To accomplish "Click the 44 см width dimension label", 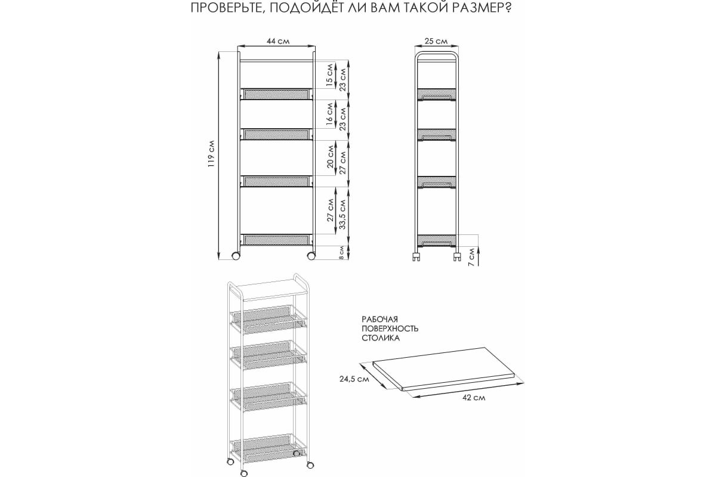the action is click(x=278, y=41).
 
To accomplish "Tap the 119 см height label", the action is click(x=211, y=154).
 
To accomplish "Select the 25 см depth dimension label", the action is click(x=436, y=41).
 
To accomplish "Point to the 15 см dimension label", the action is click(x=330, y=75).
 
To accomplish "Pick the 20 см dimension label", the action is click(x=330, y=157).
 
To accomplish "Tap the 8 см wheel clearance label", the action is click(x=341, y=252).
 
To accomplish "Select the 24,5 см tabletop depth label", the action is click(x=354, y=379).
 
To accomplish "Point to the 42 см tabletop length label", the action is click(x=474, y=398).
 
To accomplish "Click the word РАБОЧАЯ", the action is click(x=379, y=319).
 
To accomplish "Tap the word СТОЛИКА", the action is click(x=381, y=338).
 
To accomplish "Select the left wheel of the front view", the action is click(x=236, y=256).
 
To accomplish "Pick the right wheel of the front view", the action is click(x=311, y=256).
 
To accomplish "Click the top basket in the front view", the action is click(x=276, y=94).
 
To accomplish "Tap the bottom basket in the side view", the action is click(x=436, y=240).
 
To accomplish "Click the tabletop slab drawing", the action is click(x=447, y=368).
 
